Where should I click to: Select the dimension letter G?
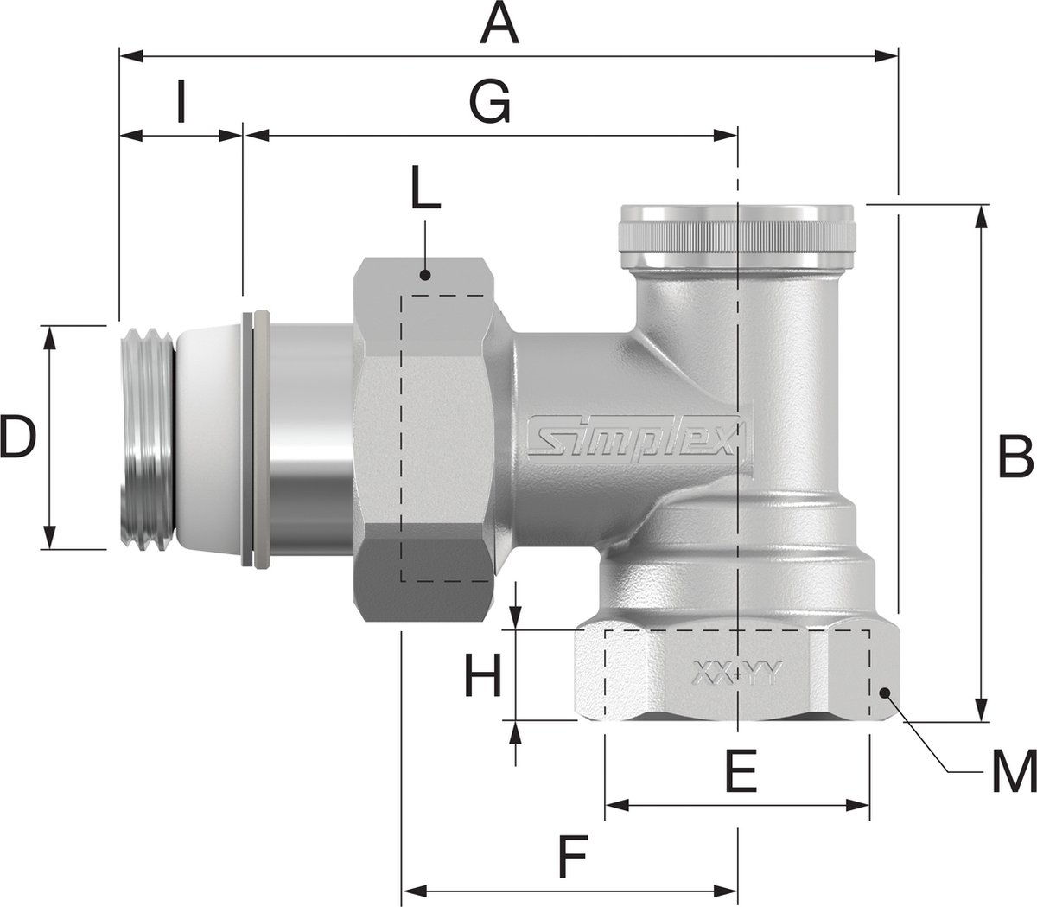click(x=490, y=105)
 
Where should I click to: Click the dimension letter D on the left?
click(x=17, y=438)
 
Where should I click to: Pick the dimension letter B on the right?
click(x=1015, y=457)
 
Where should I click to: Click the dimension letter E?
click(x=740, y=772)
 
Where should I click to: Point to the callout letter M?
click(x=1014, y=771)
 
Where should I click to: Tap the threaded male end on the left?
click(x=145, y=438)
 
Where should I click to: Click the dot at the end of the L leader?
click(x=424, y=276)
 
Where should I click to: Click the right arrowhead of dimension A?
click(x=891, y=56)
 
